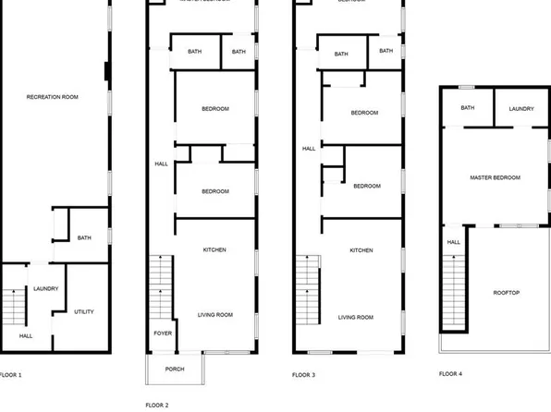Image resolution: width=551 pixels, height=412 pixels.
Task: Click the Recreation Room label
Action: click(x=50, y=97)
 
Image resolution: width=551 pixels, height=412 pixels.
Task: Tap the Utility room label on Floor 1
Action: click(x=83, y=311)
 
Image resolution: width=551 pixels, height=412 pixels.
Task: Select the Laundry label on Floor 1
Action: click(x=46, y=288)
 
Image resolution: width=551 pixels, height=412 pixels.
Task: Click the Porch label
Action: click(x=175, y=369)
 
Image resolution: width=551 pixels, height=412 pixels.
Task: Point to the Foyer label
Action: click(x=163, y=334)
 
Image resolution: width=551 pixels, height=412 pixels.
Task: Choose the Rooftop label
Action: click(x=508, y=293)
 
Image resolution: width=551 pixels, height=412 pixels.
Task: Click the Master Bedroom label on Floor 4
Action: click(x=495, y=177)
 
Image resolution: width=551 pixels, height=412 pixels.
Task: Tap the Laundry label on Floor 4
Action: click(x=520, y=109)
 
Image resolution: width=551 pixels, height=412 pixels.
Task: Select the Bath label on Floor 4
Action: click(x=468, y=108)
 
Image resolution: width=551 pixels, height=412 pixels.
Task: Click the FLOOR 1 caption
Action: click(x=9, y=375)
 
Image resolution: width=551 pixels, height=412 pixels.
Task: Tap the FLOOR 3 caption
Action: click(x=303, y=375)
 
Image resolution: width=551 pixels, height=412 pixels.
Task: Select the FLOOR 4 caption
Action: click(x=450, y=373)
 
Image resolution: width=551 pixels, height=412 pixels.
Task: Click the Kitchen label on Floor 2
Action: click(x=214, y=249)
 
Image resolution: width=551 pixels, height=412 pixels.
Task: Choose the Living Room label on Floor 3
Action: click(x=356, y=317)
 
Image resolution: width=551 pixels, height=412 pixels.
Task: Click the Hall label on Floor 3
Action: click(x=309, y=148)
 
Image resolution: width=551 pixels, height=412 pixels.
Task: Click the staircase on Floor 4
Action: click(x=454, y=287)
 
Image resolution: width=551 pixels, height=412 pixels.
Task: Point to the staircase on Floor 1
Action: click(x=13, y=304)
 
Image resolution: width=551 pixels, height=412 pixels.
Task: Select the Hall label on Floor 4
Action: click(x=454, y=242)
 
